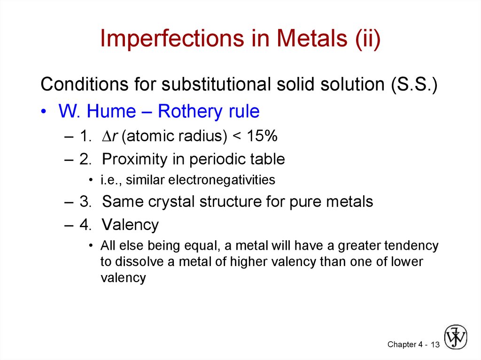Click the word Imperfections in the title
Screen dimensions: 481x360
click(x=172, y=38)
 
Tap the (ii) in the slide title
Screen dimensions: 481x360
click(x=368, y=38)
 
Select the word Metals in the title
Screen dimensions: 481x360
click(x=312, y=38)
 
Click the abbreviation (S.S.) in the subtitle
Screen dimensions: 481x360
click(x=414, y=84)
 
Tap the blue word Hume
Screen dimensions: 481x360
click(x=111, y=111)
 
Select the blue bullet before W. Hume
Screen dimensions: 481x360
click(x=44, y=111)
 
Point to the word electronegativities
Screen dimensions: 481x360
click(x=222, y=180)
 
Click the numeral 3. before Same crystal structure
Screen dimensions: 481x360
click(x=85, y=201)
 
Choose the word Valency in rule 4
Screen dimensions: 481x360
click(x=130, y=224)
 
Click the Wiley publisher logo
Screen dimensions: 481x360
click(x=456, y=337)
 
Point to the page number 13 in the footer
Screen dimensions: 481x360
click(x=435, y=345)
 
